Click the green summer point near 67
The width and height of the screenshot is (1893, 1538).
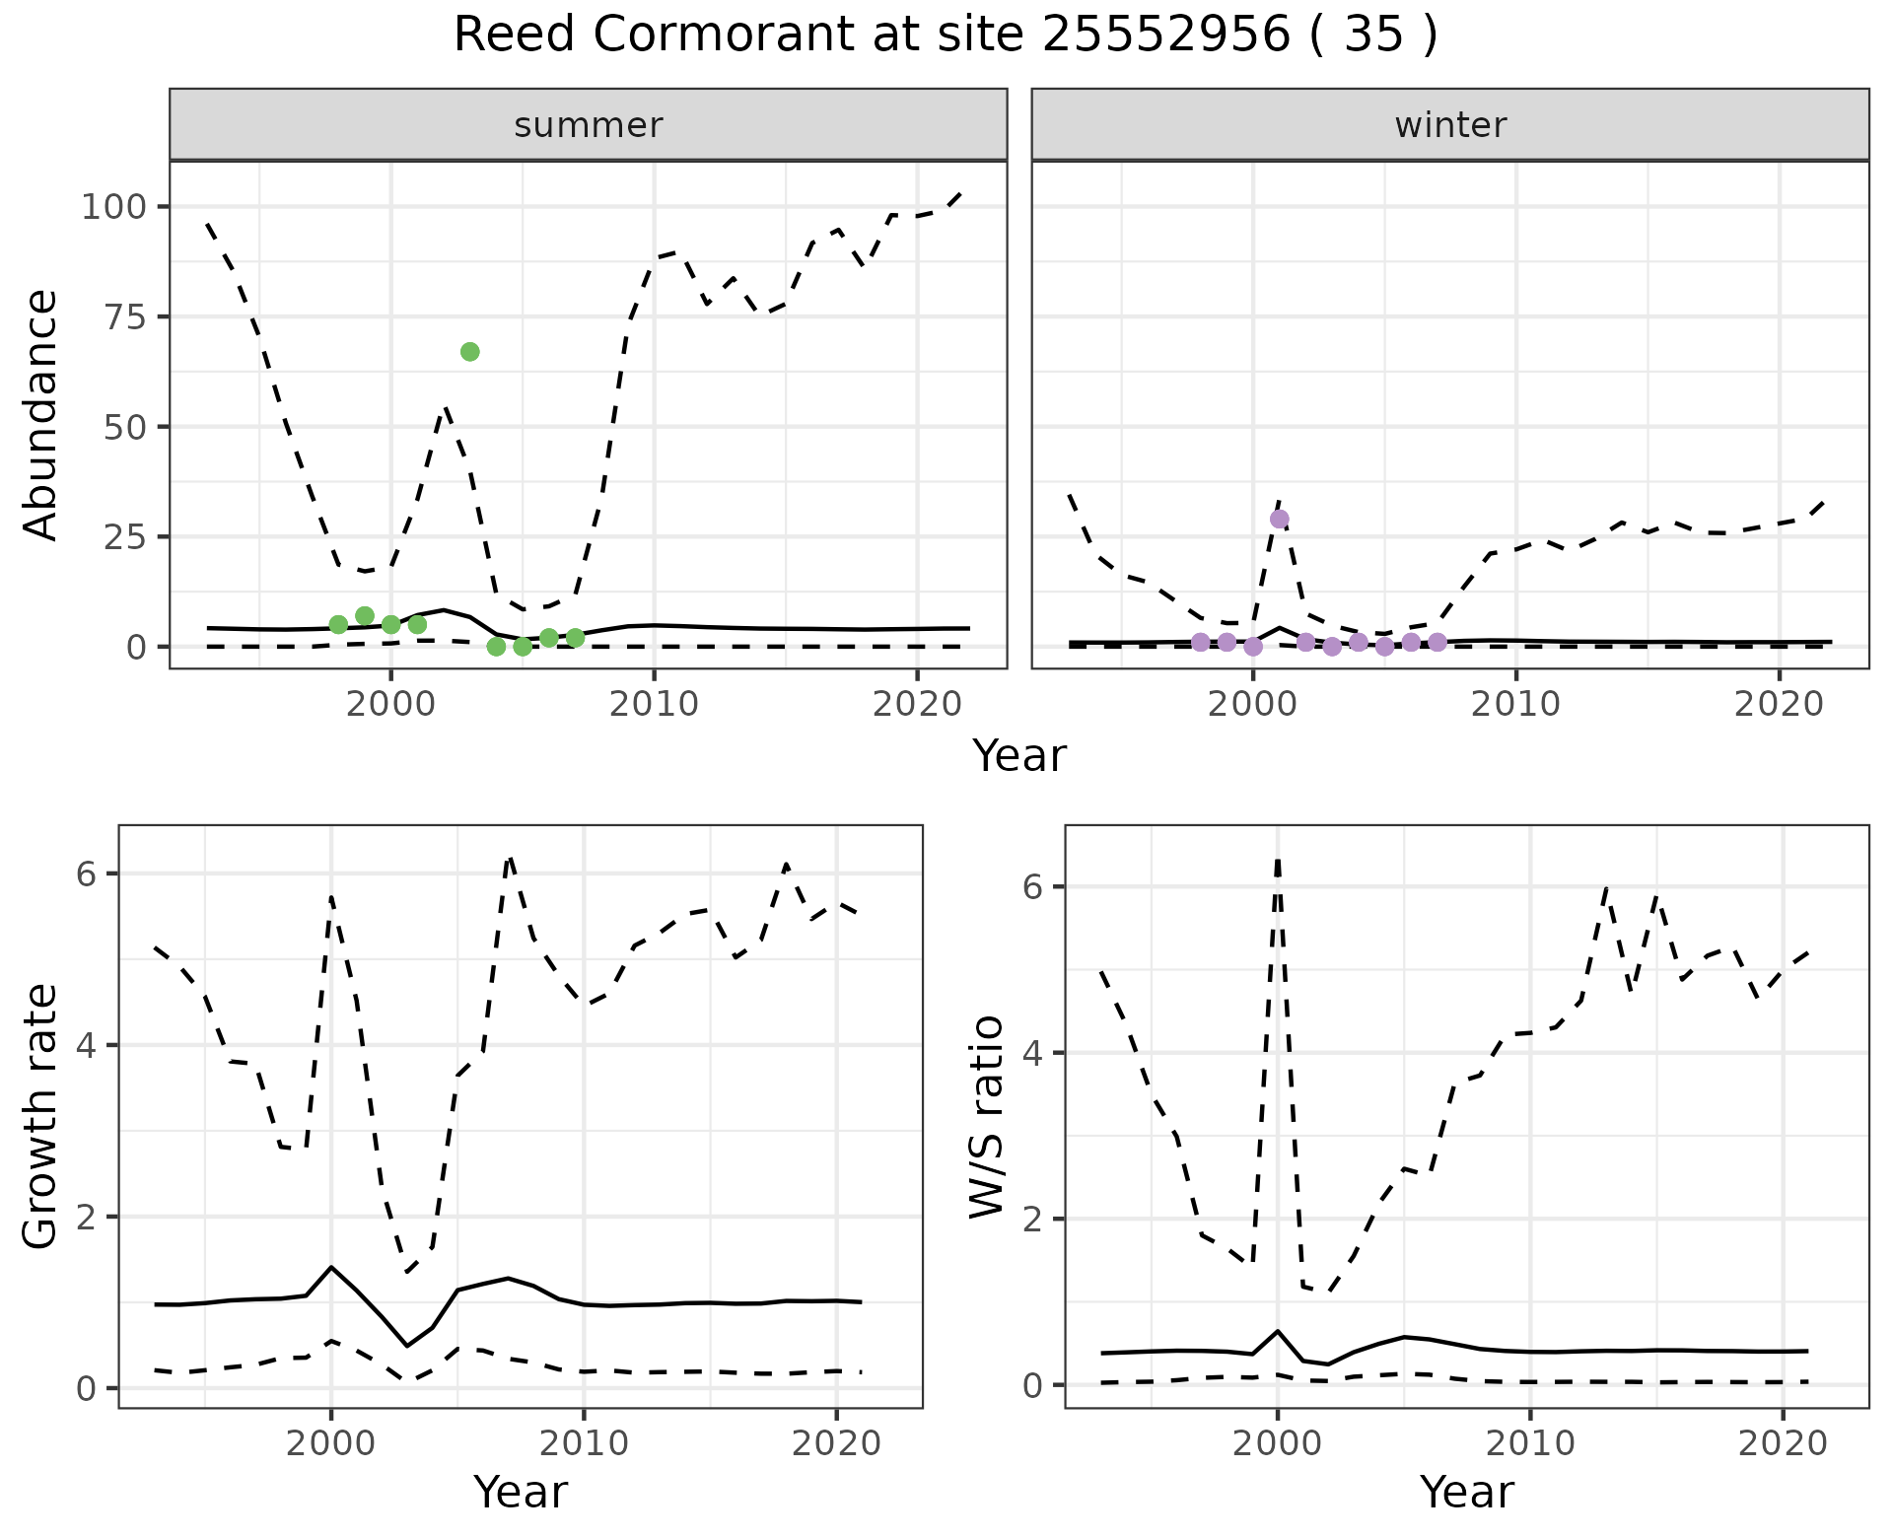(x=470, y=352)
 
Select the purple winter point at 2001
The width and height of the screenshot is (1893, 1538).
(x=1280, y=520)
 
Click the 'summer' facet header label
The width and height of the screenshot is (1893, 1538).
(x=589, y=125)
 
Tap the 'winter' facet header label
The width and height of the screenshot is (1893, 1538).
(x=1450, y=125)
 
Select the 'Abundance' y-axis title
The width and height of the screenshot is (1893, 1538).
(x=41, y=415)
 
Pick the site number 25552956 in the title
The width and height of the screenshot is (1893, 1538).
(x=1165, y=35)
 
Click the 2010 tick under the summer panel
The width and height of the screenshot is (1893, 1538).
(x=654, y=704)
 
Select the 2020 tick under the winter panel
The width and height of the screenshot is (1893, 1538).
(x=1780, y=704)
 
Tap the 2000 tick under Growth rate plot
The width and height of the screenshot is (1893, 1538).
(x=331, y=1443)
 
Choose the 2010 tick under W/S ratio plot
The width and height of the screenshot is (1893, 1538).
(x=1530, y=1443)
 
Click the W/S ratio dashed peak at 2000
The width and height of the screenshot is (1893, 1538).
(x=1278, y=861)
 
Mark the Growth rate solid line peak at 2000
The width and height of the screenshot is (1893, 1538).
(x=331, y=1267)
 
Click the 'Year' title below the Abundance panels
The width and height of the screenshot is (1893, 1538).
(x=1019, y=756)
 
